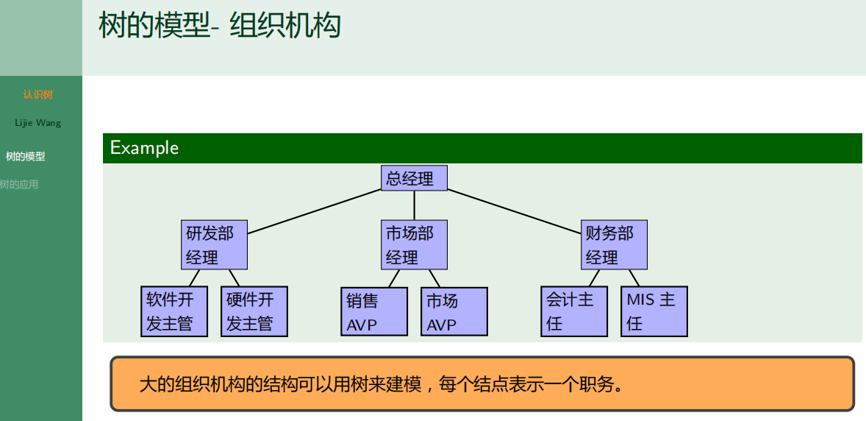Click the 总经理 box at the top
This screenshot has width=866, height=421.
click(x=414, y=178)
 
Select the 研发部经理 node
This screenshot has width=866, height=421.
click(x=214, y=245)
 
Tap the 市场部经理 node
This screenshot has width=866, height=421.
click(x=414, y=245)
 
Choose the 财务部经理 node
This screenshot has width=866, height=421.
click(x=614, y=245)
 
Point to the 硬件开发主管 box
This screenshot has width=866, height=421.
click(x=254, y=311)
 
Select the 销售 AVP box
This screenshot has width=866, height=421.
click(x=374, y=312)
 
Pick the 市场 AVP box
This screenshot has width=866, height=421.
click(x=454, y=312)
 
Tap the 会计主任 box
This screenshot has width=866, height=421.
click(x=574, y=311)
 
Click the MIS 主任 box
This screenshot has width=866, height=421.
click(x=654, y=311)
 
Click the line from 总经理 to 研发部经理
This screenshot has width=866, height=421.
click(x=315, y=211)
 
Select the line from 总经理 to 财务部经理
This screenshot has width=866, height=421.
click(x=515, y=211)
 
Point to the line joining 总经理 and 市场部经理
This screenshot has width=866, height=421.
click(x=415, y=205)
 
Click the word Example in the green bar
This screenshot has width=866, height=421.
click(x=144, y=148)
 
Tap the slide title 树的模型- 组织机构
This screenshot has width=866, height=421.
click(x=220, y=25)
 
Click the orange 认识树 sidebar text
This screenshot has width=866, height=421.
click(x=37, y=95)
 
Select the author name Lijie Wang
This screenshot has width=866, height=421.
click(x=37, y=123)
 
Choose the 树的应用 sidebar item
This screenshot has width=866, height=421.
click(x=20, y=185)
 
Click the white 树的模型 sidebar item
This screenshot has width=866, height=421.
click(x=25, y=157)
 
